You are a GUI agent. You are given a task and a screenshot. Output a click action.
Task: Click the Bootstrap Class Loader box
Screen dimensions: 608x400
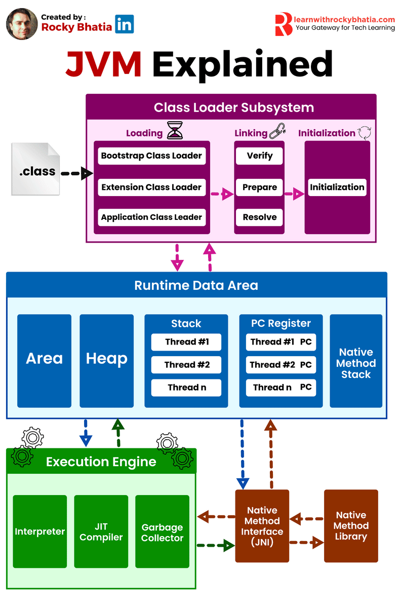tap(152, 156)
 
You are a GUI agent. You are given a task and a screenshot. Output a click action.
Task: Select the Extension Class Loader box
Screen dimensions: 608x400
tap(152, 187)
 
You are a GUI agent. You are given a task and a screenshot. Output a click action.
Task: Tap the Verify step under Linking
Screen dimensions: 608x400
tap(259, 156)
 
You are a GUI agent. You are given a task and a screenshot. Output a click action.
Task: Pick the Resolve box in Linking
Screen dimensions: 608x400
tap(259, 217)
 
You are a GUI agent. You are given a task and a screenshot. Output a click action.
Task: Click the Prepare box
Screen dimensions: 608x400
tap(259, 187)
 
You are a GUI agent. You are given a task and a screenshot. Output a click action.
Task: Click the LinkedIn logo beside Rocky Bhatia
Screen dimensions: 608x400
tap(124, 24)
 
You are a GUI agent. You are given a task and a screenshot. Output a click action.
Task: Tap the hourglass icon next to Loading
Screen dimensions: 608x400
tap(174, 131)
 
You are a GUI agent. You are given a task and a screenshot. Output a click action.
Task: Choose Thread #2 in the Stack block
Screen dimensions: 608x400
tap(186, 365)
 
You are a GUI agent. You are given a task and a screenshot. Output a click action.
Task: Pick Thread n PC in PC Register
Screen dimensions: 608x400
tap(281, 388)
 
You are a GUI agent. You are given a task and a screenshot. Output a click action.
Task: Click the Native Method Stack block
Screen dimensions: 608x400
tap(356, 363)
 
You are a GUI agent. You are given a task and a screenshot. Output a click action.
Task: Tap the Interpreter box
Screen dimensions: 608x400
tap(40, 531)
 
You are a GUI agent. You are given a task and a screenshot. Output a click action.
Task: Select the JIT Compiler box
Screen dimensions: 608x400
tap(101, 531)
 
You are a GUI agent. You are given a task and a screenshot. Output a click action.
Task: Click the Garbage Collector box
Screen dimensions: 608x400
tap(162, 532)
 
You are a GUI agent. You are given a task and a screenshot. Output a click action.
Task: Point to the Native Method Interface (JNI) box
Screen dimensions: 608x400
tap(262, 526)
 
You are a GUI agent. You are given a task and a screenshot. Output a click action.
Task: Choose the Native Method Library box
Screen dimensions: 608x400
tap(351, 526)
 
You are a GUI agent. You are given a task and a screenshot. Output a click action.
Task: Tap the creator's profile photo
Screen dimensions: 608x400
tap(21, 24)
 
